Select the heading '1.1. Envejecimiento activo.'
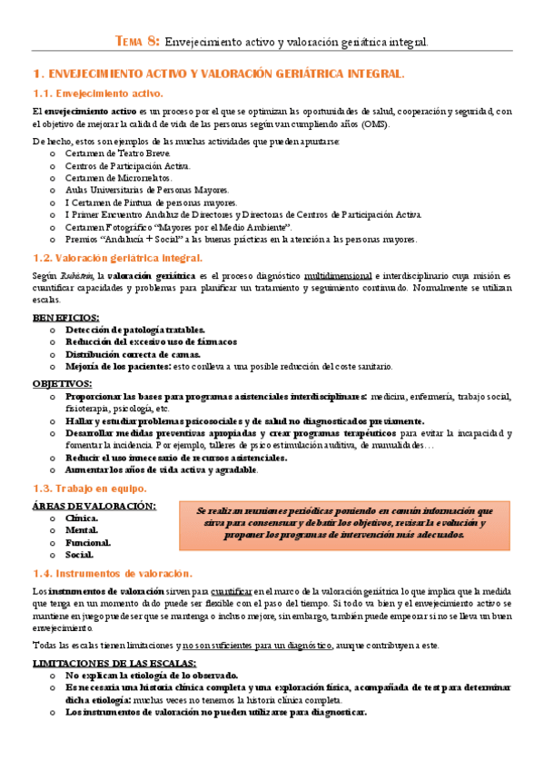point(97,93)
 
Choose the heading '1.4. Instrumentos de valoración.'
point(112,573)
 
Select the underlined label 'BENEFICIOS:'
point(66,317)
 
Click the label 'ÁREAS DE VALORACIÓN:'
point(94,506)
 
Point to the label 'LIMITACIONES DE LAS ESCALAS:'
point(113,663)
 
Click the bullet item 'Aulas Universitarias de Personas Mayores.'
point(147,190)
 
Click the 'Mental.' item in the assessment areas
point(82,529)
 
